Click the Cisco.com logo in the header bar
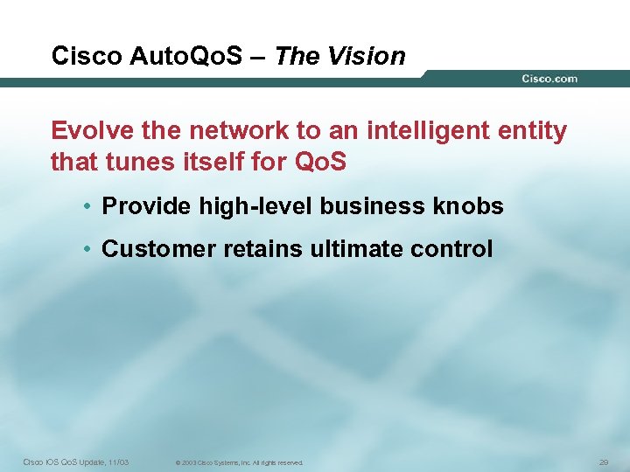(x=549, y=79)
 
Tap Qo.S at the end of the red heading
(x=324, y=162)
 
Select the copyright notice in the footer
(x=239, y=462)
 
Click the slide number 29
(x=603, y=462)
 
